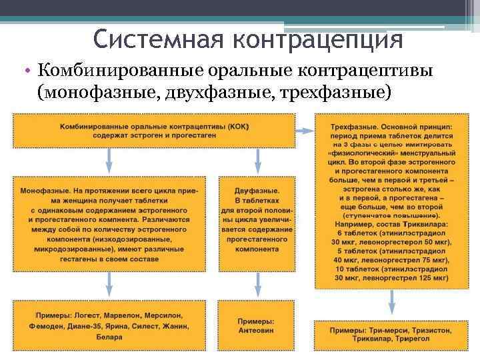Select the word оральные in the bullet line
pos(241,69)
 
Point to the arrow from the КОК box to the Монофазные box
pos(108,157)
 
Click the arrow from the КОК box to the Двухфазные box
pos(257,157)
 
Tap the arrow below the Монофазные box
pos(108,286)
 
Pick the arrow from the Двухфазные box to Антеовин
pos(257,286)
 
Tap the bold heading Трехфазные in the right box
pos(353,126)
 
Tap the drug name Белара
pos(108,337)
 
